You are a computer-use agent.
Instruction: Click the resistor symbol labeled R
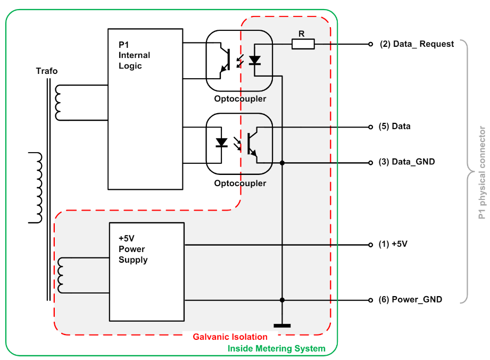(x=303, y=45)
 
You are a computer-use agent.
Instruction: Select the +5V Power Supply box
(x=146, y=272)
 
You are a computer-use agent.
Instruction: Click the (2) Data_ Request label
(x=417, y=44)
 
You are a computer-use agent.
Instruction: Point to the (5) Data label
(x=394, y=127)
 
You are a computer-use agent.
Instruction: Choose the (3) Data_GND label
(x=406, y=162)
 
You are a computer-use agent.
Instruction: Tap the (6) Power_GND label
(x=410, y=300)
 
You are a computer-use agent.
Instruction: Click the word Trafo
(x=47, y=71)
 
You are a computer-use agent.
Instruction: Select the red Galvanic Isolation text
(x=230, y=337)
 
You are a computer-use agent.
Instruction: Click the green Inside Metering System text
(x=276, y=349)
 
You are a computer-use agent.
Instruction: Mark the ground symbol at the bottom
(x=282, y=325)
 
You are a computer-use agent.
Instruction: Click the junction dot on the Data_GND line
(x=282, y=163)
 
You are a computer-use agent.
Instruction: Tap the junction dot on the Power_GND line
(x=282, y=300)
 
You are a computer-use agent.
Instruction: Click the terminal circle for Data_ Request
(x=371, y=45)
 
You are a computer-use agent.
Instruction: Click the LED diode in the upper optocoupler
(x=255, y=60)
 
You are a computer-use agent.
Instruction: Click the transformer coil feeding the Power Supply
(x=62, y=275)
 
